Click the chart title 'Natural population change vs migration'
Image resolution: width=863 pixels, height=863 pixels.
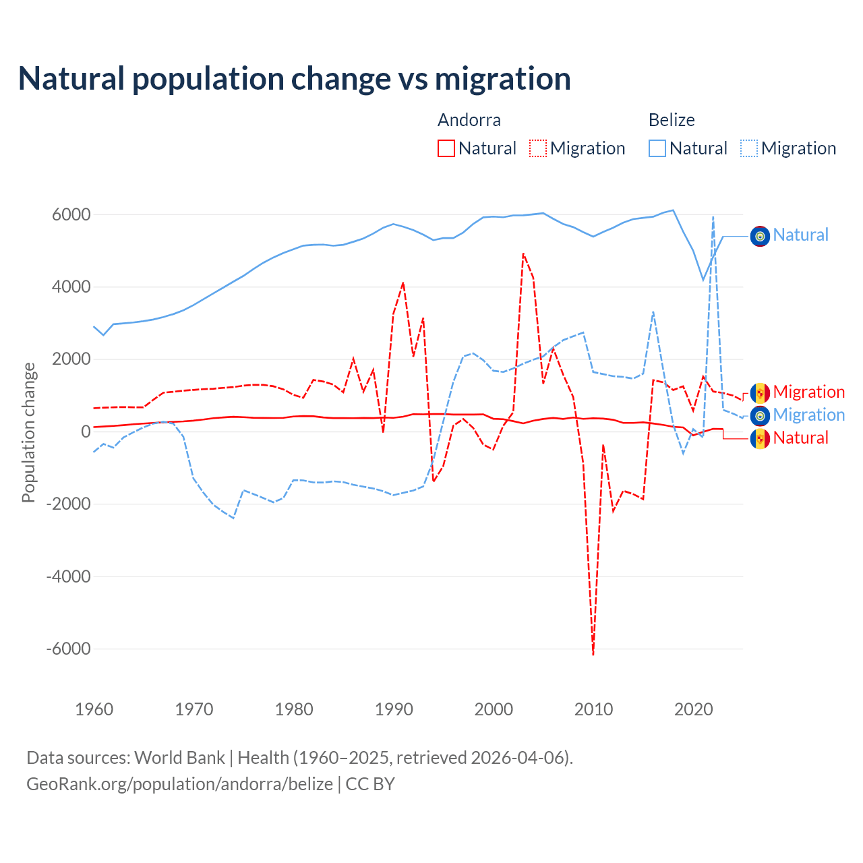coord(295,79)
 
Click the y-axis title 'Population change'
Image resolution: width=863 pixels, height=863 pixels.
coord(28,432)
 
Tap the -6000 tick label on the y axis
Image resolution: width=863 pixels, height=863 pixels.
coord(68,649)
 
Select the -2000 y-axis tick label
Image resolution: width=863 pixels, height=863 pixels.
coord(68,504)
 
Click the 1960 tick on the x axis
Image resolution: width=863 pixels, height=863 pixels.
coord(94,709)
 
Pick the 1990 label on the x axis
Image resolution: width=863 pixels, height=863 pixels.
coord(394,709)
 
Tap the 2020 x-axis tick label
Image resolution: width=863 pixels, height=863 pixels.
coord(693,709)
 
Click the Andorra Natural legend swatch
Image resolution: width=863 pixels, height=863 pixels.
coord(446,148)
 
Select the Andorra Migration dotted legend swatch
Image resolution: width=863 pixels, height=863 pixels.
coord(538,148)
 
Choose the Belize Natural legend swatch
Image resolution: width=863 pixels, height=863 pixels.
coord(657,148)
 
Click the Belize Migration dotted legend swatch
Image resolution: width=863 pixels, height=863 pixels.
coord(749,148)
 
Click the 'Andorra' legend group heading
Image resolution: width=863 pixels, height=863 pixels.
coord(469,120)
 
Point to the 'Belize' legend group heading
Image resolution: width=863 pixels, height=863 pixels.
coord(672,120)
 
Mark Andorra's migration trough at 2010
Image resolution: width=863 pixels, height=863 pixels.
coord(593,654)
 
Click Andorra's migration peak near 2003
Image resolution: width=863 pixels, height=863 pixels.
coord(523,254)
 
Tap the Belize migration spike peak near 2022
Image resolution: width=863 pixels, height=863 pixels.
coord(713,217)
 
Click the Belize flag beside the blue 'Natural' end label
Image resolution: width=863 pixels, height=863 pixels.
coord(760,236)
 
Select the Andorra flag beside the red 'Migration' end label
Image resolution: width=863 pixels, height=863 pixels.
coord(760,393)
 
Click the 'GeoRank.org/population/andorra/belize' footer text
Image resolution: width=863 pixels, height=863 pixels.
coord(179,784)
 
